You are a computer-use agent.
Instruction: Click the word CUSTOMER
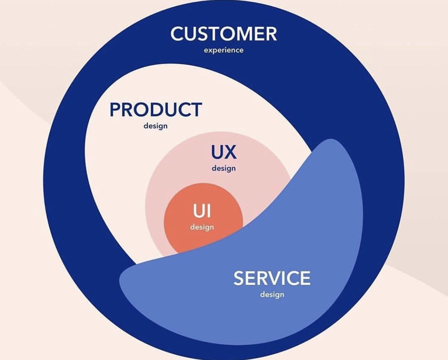pyautogui.click(x=223, y=34)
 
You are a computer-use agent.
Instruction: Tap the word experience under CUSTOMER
pyautogui.click(x=223, y=51)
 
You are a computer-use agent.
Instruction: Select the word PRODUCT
pyautogui.click(x=156, y=110)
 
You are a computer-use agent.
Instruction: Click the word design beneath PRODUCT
pyautogui.click(x=156, y=126)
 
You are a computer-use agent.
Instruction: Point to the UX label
pyautogui.click(x=223, y=152)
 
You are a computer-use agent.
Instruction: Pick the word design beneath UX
pyautogui.click(x=223, y=168)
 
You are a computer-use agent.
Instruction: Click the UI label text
pyautogui.click(x=202, y=211)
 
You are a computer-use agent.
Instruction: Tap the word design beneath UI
pyautogui.click(x=202, y=227)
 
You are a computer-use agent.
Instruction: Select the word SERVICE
pyautogui.click(x=272, y=278)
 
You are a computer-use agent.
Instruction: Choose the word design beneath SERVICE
pyautogui.click(x=272, y=295)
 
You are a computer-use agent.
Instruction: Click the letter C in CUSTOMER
pyautogui.click(x=177, y=34)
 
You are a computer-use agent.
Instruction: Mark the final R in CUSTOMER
pyautogui.click(x=270, y=34)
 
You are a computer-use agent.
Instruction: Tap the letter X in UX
pyautogui.click(x=230, y=152)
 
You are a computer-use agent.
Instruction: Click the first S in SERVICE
pyautogui.click(x=239, y=278)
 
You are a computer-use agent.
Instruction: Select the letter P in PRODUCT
pyautogui.click(x=115, y=110)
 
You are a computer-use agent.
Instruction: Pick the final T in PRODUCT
pyautogui.click(x=196, y=110)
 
